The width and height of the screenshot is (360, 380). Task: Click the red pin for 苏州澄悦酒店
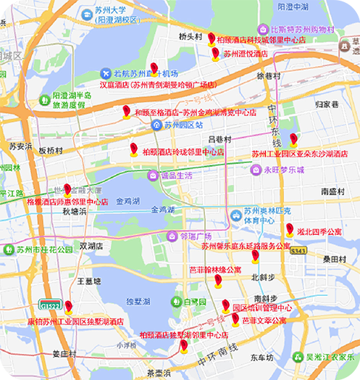tap(215, 53)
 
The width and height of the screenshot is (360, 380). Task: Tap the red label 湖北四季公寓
tap(319, 231)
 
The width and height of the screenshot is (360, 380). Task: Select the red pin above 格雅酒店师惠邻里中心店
tap(68, 190)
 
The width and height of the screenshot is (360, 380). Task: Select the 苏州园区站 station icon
tap(156, 125)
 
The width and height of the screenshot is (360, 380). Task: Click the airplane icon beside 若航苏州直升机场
tap(106, 74)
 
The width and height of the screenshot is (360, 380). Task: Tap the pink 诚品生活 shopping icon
tap(153, 175)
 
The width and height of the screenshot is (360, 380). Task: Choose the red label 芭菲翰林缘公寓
tap(215, 269)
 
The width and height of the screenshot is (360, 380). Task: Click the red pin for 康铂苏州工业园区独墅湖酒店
tap(68, 306)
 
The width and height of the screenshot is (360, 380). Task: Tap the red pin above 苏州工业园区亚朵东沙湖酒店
tap(293, 140)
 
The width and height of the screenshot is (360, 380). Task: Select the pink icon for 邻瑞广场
tap(172, 236)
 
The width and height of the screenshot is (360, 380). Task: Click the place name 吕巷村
tap(219, 139)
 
